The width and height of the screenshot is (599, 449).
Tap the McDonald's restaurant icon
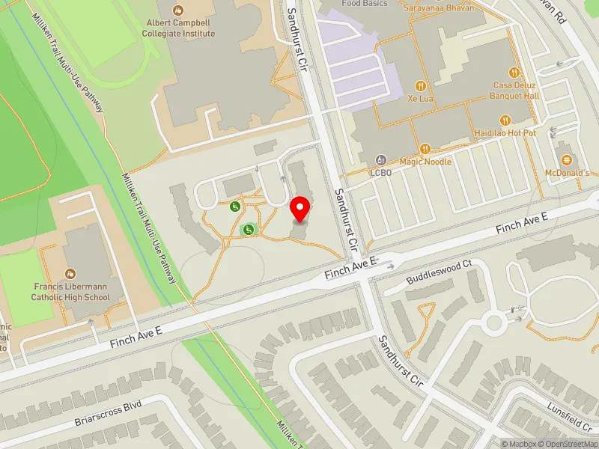pyautogui.click(x=567, y=159)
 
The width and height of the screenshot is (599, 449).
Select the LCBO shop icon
pyautogui.click(x=381, y=159)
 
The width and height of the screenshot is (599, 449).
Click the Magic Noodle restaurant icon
pyautogui.click(x=425, y=148)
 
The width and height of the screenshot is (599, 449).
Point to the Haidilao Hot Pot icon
pyautogui.click(x=506, y=120)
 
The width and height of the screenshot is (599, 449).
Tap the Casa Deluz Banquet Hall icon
pyautogui.click(x=514, y=73)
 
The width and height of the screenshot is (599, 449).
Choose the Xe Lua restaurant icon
pyautogui.click(x=422, y=85)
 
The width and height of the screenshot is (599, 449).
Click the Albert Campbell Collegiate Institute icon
pyautogui.click(x=178, y=10)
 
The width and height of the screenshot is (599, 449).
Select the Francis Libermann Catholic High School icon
pyautogui.click(x=70, y=272)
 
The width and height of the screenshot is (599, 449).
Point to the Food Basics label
pyautogui.click(x=365, y=4)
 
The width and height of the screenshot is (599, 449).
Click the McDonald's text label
pyautogui.click(x=567, y=173)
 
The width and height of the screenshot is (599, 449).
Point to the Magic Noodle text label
pyautogui.click(x=425, y=162)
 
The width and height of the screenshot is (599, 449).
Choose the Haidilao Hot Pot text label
pyautogui.click(x=506, y=133)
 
